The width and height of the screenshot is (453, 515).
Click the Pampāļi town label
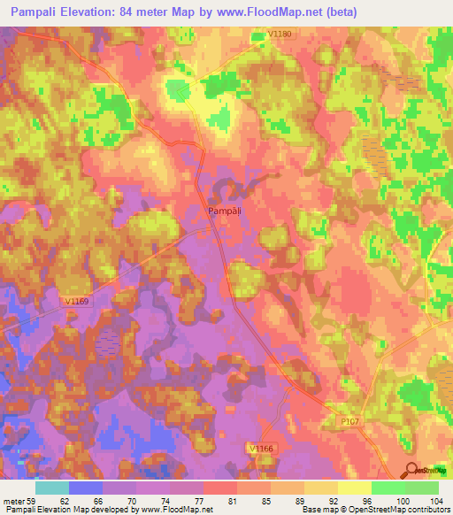pos(225,211)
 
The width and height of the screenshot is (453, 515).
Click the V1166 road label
pos(261,450)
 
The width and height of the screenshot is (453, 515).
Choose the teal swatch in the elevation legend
pos(52,488)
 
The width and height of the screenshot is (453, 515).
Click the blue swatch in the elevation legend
pos(86,488)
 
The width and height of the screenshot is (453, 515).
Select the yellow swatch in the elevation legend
pos(354,488)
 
